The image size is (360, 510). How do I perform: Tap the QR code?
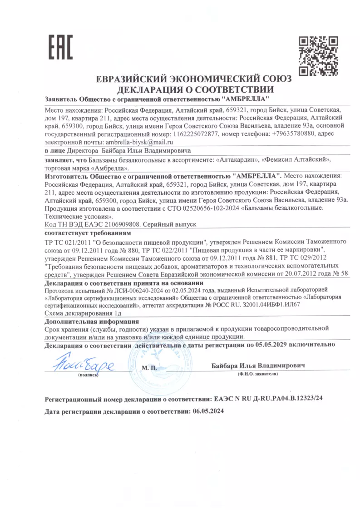tap(318, 56)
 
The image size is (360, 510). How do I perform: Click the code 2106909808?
tap(123, 224)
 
